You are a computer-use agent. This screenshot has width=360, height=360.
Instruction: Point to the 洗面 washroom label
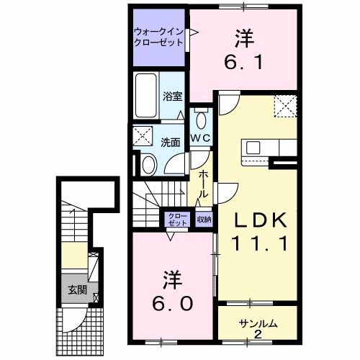point(170,142)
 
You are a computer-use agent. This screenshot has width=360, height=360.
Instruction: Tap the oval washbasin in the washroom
point(149,164)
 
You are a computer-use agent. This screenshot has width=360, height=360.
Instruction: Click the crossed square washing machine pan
point(143,135)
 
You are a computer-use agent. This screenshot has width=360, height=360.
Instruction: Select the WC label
point(199,138)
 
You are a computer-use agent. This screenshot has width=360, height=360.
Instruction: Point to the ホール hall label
point(204,183)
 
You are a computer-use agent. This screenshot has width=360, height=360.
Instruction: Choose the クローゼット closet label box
point(177,219)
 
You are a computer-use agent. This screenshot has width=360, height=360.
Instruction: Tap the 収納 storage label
point(204,219)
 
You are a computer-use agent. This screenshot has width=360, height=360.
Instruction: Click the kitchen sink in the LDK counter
point(254,148)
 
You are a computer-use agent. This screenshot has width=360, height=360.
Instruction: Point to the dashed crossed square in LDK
point(284,107)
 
